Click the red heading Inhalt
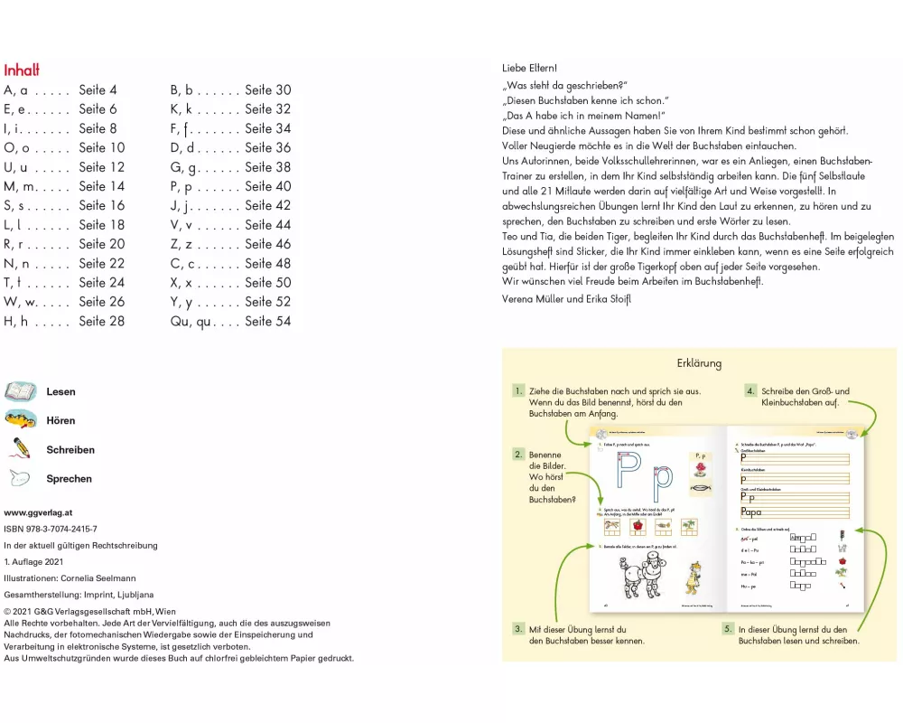[x=22, y=70]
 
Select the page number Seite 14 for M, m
[x=102, y=186]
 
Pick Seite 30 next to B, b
[x=267, y=90]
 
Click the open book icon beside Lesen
[x=21, y=391]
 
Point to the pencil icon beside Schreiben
[x=21, y=448]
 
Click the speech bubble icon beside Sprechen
[x=21, y=478]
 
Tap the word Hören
[x=61, y=420]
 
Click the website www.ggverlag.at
[x=39, y=512]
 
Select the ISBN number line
[x=51, y=529]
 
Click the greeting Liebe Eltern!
[x=529, y=68]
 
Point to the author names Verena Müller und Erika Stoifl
[x=567, y=299]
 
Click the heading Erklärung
[x=699, y=363]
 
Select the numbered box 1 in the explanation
[x=518, y=391]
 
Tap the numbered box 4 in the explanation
[x=750, y=391]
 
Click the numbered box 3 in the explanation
[x=518, y=628]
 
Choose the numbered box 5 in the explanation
[x=728, y=628]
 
